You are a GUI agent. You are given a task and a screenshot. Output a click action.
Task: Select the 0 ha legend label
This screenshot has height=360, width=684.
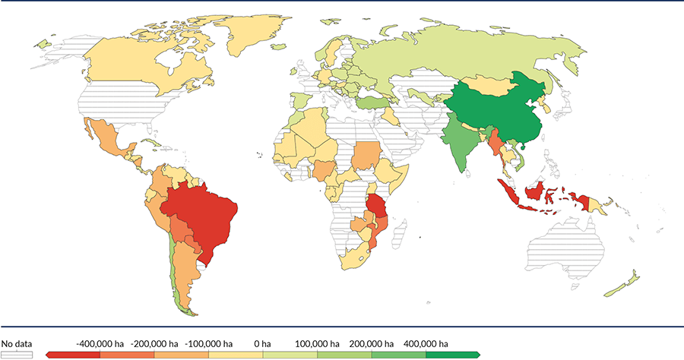pos(264,343)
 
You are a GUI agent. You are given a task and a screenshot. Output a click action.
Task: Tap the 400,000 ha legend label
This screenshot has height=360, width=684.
pos(425,343)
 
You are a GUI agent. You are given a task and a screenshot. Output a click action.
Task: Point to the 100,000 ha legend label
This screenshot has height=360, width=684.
pos(317,343)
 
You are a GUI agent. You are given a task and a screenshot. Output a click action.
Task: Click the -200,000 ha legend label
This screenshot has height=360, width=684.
pos(154,343)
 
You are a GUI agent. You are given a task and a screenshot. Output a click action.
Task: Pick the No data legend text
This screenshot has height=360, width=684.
pos(16,343)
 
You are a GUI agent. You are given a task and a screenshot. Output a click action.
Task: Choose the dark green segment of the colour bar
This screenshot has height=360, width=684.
pos(451,355)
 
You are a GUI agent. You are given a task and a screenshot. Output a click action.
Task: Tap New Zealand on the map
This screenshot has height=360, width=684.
pos(623,285)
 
